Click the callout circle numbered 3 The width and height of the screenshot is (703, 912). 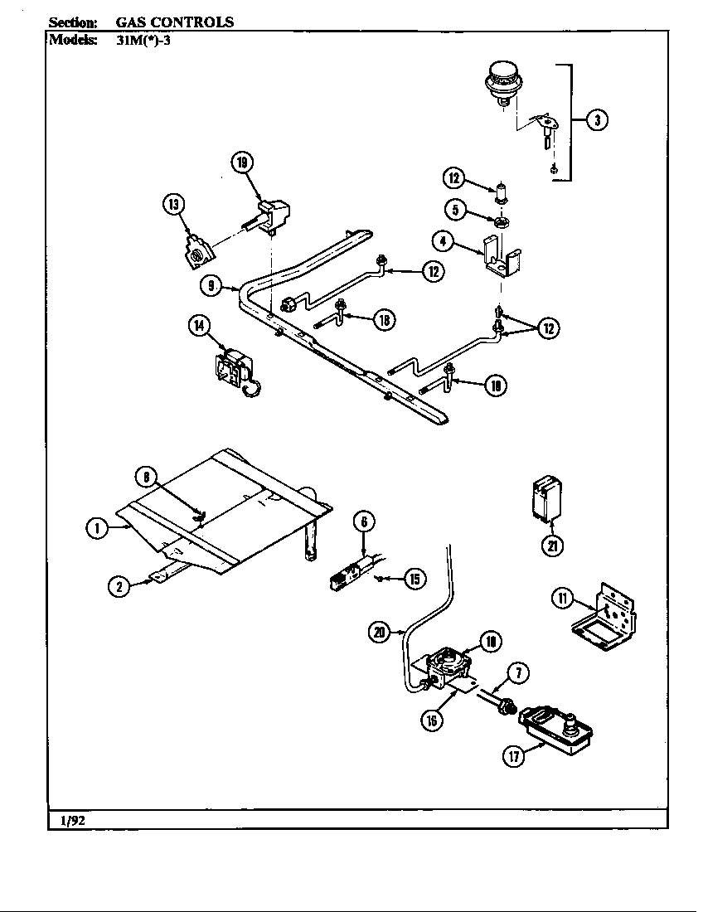point(598,120)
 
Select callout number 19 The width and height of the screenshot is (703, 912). point(242,163)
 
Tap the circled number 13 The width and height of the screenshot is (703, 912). point(173,205)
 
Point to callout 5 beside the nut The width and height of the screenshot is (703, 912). point(455,209)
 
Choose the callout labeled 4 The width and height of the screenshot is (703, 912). point(444,241)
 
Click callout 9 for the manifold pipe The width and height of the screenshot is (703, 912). point(212,285)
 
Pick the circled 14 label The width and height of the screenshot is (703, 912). point(199,326)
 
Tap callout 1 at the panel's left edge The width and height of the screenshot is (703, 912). point(97,528)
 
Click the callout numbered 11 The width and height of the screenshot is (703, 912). point(562,599)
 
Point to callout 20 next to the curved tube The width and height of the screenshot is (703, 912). point(379,633)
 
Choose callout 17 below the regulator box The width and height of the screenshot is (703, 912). point(514,757)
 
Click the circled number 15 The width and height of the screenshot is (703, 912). point(412,579)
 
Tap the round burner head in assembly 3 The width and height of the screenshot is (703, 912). point(502,83)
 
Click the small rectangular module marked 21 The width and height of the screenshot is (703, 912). point(544,499)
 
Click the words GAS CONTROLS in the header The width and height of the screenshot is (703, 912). point(174,22)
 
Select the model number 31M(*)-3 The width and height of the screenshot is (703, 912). point(144,40)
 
